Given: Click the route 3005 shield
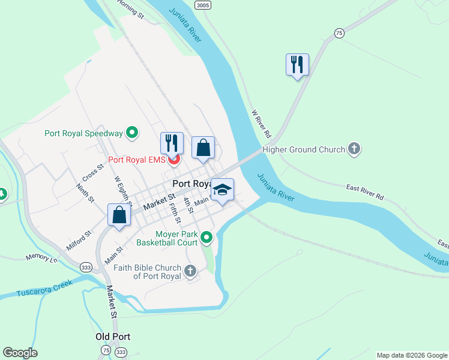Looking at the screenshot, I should pos(202,5).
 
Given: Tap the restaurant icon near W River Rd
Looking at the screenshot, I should pos(297,64).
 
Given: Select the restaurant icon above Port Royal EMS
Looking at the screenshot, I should pos(172,143).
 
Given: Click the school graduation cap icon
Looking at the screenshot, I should pos(222,190).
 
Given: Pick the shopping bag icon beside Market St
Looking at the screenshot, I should pos(119,215).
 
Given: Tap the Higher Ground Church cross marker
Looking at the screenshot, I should pos(354,149).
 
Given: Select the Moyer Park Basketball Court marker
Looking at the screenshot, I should pos(206,238).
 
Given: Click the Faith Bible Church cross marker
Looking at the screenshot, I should pos(190,272).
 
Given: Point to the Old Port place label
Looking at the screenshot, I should pos(113,337).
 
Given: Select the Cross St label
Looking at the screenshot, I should pos(93,174).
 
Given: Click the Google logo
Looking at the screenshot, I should pos(20,353).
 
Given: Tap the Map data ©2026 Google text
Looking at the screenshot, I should pos(412,355).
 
